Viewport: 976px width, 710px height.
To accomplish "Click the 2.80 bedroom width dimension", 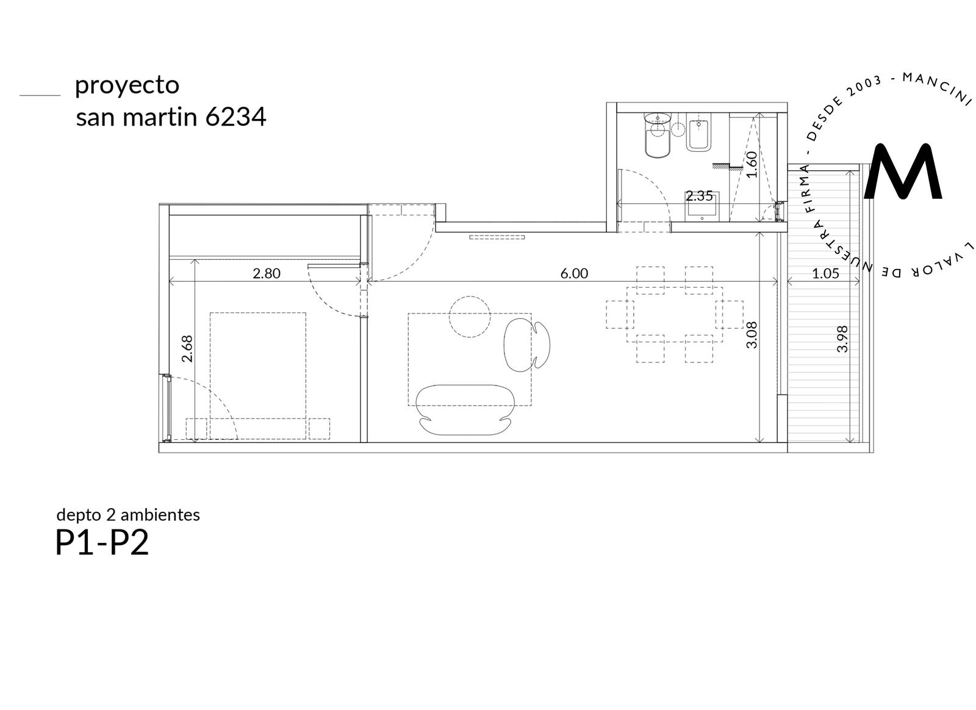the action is pyautogui.click(x=266, y=273).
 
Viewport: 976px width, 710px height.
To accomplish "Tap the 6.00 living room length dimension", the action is pyautogui.click(x=574, y=273).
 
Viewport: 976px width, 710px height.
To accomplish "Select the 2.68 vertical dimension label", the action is pyautogui.click(x=187, y=348).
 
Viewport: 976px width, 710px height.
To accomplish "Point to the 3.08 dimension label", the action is pyautogui.click(x=752, y=335).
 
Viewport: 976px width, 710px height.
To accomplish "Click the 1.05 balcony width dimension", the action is pyautogui.click(x=825, y=273).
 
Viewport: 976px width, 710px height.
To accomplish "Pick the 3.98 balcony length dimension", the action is pyautogui.click(x=842, y=339).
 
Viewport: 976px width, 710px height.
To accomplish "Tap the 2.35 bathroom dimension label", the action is pyautogui.click(x=699, y=196).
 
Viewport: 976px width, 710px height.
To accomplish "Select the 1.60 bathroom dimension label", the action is pyautogui.click(x=752, y=164).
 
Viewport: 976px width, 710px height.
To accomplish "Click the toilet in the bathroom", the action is pyautogui.click(x=657, y=135).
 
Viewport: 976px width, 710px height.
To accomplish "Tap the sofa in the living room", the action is pyautogui.click(x=465, y=410).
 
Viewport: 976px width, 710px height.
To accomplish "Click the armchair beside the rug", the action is pyautogui.click(x=526, y=345).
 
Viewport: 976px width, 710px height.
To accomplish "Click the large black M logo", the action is pyautogui.click(x=904, y=171).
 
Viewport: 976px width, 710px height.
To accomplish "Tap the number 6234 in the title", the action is pyautogui.click(x=235, y=117).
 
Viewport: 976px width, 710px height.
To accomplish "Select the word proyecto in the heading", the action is pyautogui.click(x=127, y=86).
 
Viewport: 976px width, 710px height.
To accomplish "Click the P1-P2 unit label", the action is pyautogui.click(x=102, y=543).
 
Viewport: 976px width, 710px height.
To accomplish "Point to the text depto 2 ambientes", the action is pyautogui.click(x=128, y=515).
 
